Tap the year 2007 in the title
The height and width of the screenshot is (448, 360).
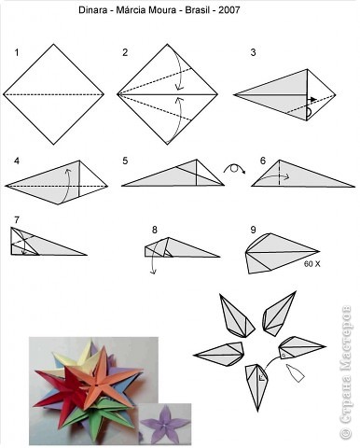229,10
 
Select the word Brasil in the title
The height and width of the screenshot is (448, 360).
197,10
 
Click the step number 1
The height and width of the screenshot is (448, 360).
17,52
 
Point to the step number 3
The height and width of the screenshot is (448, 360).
253,52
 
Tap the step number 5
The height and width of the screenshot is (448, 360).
125,161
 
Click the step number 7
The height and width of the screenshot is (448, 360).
17,220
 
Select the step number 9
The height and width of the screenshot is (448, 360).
253,230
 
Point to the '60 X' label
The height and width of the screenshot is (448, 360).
312,264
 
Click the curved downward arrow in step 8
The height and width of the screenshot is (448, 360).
152,260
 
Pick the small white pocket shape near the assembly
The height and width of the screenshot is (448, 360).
296,373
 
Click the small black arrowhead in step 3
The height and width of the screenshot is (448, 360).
313,99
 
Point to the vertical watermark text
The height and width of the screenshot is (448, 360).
345,372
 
